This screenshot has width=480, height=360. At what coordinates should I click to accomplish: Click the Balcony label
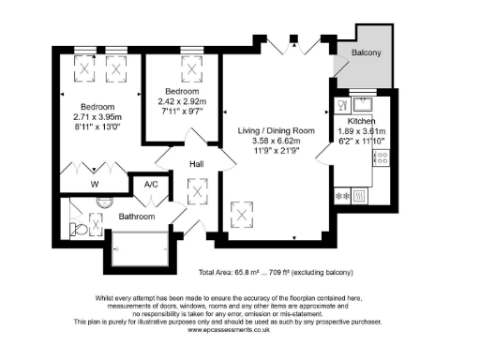365,53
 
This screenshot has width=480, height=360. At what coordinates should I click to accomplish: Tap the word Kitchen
362,122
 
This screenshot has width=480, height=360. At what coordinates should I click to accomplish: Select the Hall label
197,164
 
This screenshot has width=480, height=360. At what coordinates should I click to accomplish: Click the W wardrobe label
94,185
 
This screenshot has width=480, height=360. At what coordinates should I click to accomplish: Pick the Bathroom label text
136,217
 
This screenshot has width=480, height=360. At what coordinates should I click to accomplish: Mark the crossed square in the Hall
198,192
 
